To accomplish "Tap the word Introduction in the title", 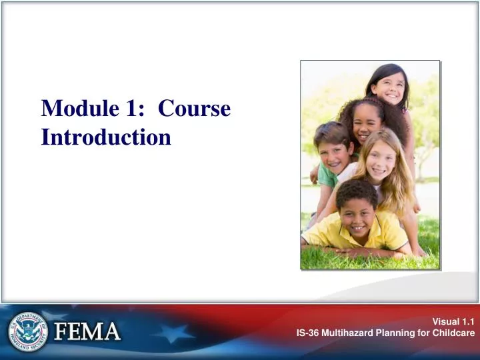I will [106, 137].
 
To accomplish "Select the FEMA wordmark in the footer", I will [87, 331].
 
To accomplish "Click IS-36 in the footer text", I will [309, 333].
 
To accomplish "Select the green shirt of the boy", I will [327, 176].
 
